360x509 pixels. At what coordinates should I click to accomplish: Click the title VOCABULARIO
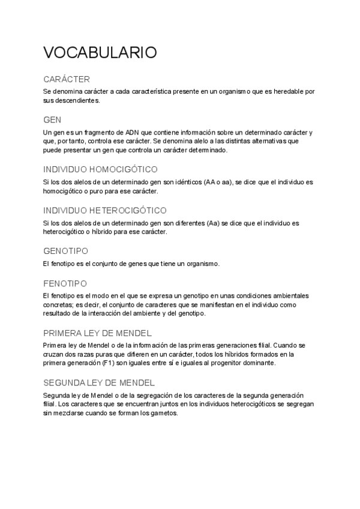[100, 52]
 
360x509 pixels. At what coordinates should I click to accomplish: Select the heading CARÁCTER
[67, 79]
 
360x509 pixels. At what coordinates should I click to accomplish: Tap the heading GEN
[52, 120]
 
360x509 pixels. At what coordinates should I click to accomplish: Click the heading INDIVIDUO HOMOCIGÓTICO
[101, 169]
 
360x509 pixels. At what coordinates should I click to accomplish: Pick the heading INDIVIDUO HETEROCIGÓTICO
[105, 210]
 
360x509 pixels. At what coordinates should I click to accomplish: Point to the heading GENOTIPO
[66, 251]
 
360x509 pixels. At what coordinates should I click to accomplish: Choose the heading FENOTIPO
[65, 283]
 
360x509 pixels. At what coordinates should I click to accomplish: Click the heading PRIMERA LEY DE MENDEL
[97, 333]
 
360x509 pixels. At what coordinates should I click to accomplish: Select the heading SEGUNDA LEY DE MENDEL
[100, 382]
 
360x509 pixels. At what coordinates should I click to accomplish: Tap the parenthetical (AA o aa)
[216, 182]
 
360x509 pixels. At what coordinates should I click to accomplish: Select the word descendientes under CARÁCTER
[77, 100]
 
